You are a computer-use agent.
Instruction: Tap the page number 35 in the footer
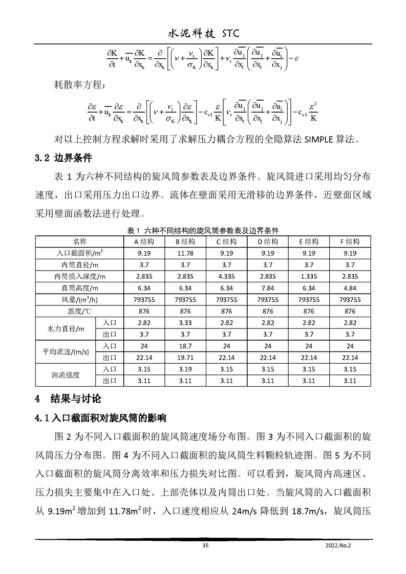tap(205, 546)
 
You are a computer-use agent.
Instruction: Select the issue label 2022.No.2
tap(340, 546)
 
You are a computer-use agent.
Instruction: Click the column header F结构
tap(350, 241)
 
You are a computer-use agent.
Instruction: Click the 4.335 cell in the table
tap(226, 276)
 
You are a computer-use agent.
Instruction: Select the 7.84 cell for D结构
tap(267, 288)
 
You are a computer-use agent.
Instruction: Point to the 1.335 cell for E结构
tap(309, 276)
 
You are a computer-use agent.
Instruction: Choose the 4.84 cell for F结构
tap(350, 288)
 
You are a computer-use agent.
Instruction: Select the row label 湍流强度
tap(65, 375)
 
